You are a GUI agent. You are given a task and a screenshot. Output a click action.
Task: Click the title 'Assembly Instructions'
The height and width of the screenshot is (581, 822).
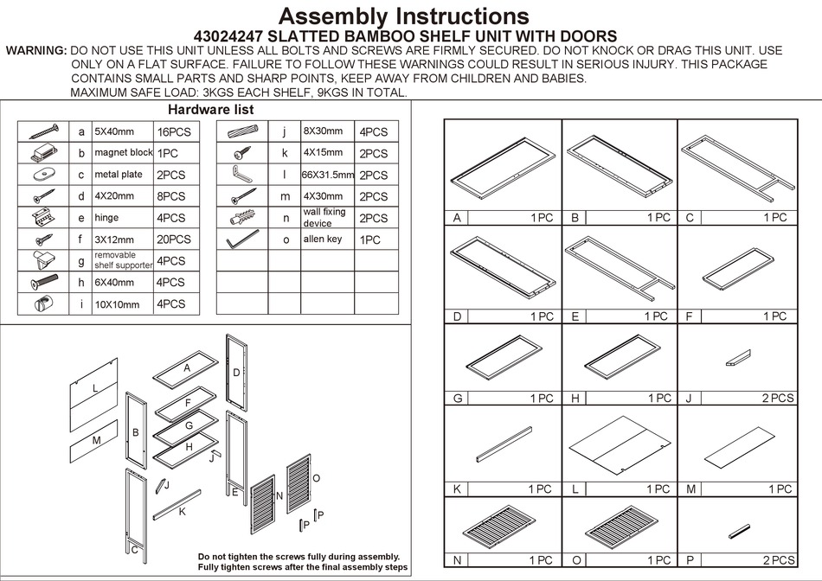pos(403,16)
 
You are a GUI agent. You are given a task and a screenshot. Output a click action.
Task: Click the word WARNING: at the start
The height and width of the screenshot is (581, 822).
pos(36,51)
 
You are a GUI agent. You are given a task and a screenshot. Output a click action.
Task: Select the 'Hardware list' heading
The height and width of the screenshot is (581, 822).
pos(210,110)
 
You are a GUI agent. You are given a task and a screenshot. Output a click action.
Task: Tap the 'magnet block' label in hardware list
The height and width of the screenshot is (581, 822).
pos(124,153)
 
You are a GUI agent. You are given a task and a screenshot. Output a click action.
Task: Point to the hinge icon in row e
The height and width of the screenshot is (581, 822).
pos(42,217)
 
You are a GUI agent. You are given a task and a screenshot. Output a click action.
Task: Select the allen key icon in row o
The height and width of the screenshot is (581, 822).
pos(241,239)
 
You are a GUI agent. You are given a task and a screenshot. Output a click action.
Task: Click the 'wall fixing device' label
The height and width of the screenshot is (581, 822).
pos(324,217)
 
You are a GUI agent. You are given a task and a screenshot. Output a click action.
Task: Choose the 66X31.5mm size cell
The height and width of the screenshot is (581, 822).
pos(328,175)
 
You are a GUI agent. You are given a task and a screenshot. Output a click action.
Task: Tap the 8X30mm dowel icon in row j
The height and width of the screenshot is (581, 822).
pos(243,131)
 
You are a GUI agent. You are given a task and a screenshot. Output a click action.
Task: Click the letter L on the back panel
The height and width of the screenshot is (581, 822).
pos(95,389)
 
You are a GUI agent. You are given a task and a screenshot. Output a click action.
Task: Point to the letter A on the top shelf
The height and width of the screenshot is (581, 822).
pos(186,368)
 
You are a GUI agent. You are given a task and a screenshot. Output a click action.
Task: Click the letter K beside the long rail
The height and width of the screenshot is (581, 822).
pos(183,511)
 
